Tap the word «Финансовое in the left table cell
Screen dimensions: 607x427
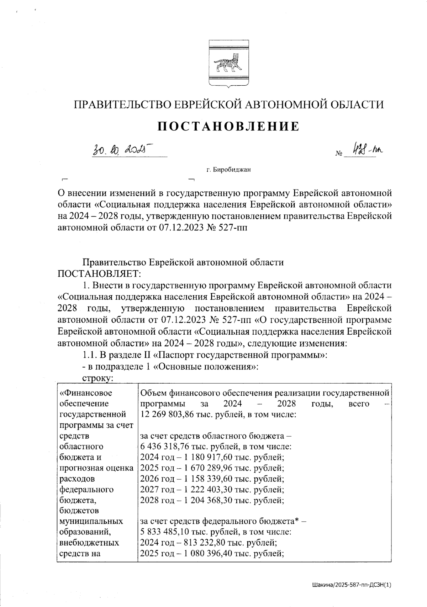[86, 393]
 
